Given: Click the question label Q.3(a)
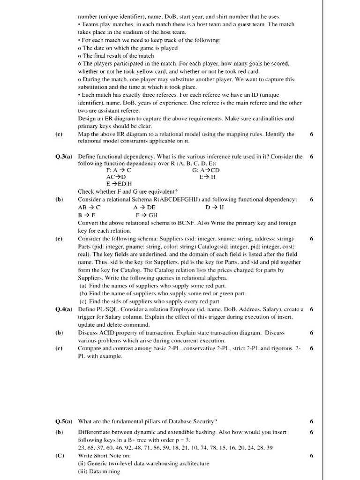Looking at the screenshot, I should [x=64, y=157].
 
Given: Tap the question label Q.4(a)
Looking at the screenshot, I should [x=64, y=309].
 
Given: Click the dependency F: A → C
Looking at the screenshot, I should [x=119, y=170].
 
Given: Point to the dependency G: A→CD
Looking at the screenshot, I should [x=206, y=170].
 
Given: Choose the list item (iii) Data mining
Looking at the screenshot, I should [x=99, y=472].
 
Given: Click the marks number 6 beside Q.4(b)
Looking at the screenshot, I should [x=312, y=332].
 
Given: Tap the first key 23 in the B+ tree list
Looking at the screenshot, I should [x=82, y=448].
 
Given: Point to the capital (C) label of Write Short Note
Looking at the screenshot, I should [x=59, y=456].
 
